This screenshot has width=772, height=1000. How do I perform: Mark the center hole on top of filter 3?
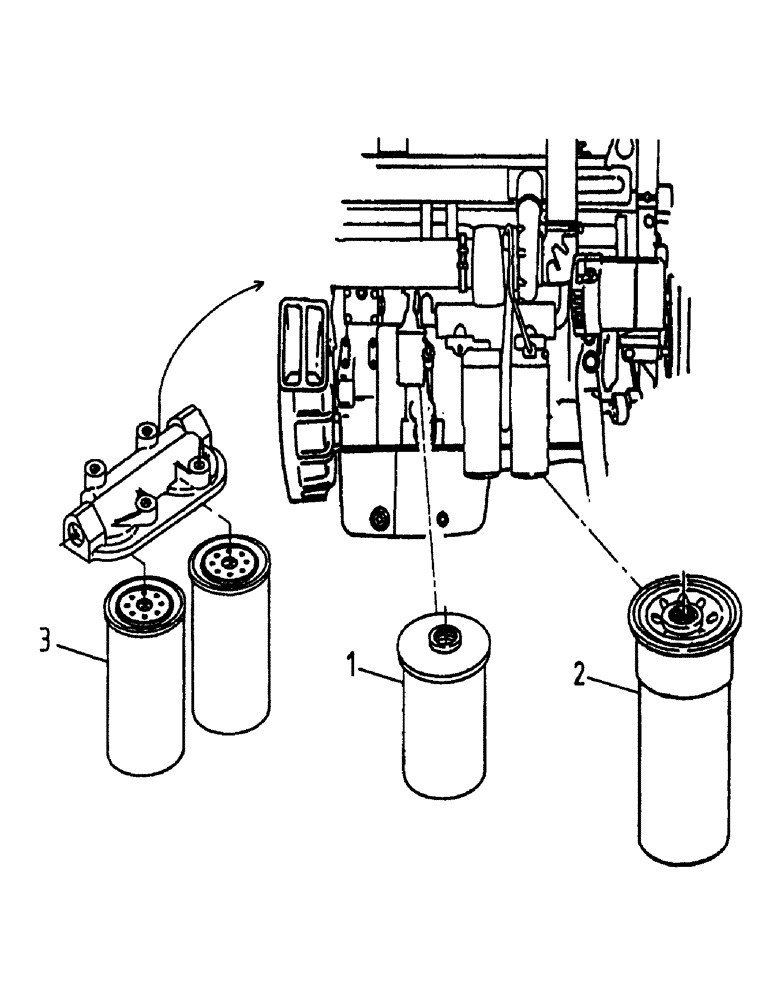pos(145,603)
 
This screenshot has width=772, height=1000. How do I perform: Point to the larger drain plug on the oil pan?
pos(378,518)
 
